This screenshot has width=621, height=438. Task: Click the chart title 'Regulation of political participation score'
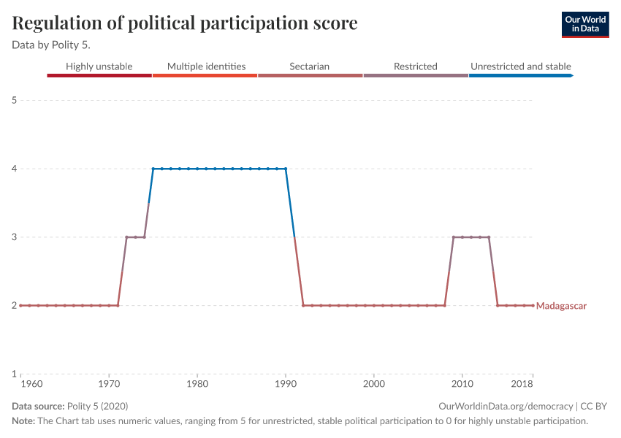(185, 23)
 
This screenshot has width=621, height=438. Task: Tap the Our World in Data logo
(585, 24)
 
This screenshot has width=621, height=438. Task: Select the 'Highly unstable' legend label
(99, 66)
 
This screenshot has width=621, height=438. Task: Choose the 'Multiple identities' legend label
(206, 66)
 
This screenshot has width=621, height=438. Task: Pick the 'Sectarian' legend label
(309, 66)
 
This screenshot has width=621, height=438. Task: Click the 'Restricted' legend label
(415, 66)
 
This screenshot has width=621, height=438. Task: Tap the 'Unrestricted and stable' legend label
(520, 66)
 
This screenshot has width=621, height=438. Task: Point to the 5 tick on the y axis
(15, 100)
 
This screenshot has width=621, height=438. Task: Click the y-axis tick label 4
(15, 169)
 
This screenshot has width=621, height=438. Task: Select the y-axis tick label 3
(15, 237)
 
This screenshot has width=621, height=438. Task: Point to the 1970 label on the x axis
(109, 383)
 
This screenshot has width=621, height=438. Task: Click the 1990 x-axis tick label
(286, 383)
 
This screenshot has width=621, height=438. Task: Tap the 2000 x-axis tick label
(374, 383)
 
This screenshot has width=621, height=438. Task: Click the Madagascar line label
(561, 306)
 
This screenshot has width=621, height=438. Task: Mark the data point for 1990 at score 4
(286, 169)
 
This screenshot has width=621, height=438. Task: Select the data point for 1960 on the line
(20, 305)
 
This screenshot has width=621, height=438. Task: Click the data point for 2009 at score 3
(454, 237)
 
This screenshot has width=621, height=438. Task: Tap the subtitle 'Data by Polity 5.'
(51, 45)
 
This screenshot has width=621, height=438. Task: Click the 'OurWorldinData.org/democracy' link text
(506, 407)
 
